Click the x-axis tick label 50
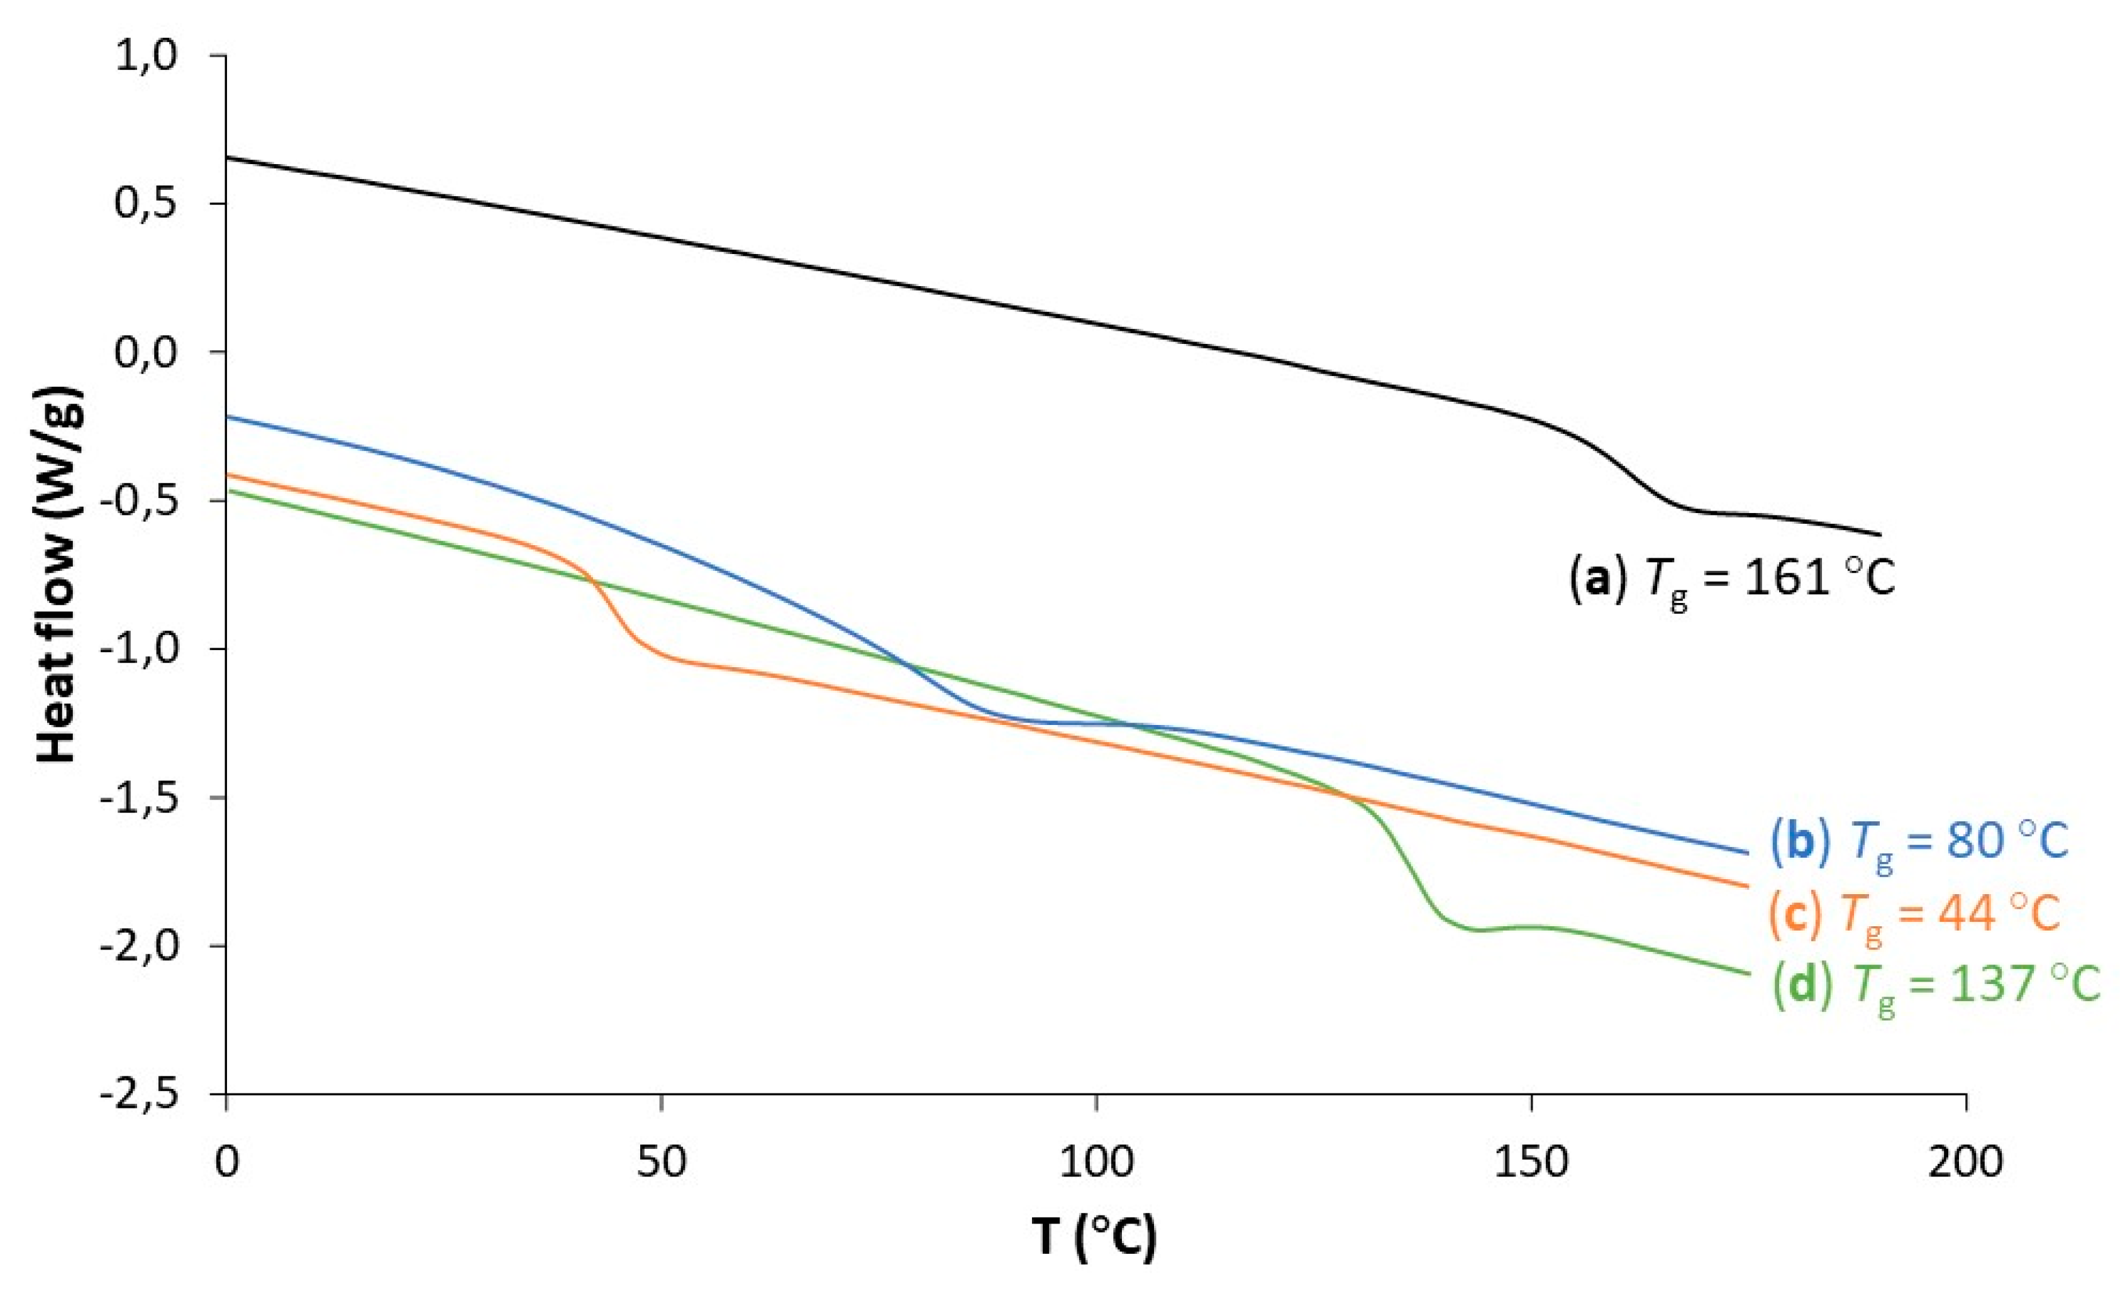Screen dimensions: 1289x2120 coord(661,1161)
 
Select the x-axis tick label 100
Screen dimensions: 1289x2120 coord(1096,1161)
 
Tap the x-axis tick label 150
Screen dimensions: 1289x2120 coord(1531,1161)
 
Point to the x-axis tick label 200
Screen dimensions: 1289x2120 coord(1967,1161)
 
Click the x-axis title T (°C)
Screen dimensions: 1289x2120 coord(1094,1237)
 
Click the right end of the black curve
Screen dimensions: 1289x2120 coord(1880,534)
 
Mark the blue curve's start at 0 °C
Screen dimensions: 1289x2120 coord(227,416)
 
